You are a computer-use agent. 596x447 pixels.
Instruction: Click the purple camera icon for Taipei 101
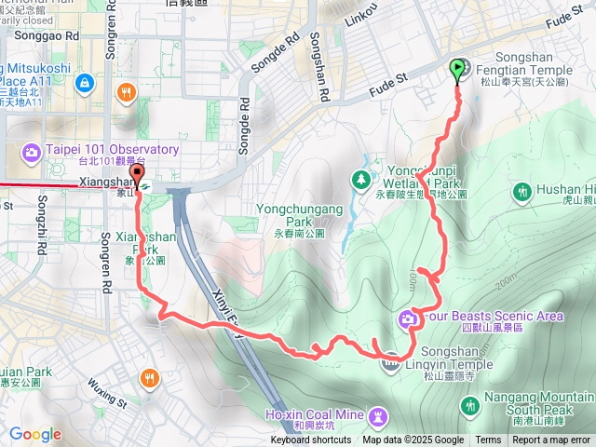[31, 150]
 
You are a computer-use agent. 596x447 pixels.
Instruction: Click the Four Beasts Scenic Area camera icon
[408, 319]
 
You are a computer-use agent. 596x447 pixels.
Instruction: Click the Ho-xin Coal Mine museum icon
[378, 415]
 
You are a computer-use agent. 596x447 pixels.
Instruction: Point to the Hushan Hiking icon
[521, 192]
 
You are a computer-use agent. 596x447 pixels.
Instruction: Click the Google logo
[34, 434]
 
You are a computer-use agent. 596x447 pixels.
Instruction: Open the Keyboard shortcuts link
[311, 440]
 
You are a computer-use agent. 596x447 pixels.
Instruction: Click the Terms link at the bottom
[488, 440]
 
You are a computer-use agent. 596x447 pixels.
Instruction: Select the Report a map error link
[551, 440]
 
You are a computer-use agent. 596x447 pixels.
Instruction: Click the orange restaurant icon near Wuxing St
[150, 377]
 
